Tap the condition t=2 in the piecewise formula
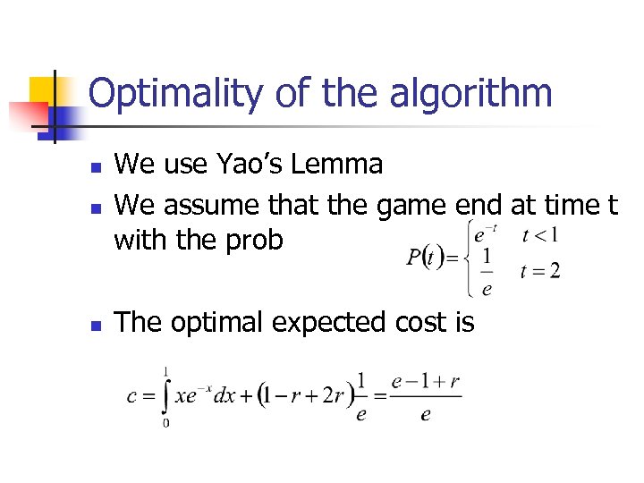[x=540, y=271]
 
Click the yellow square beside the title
[x=42, y=89]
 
